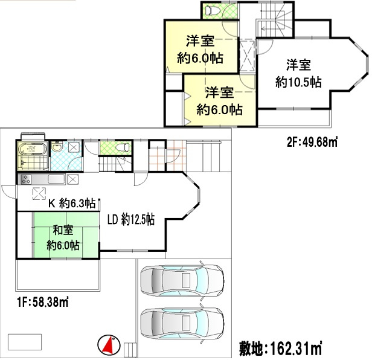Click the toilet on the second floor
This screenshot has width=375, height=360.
(x=212, y=10)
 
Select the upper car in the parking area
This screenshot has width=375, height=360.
(x=181, y=279)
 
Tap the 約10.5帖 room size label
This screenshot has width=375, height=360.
(x=298, y=83)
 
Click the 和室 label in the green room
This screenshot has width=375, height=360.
(x=63, y=230)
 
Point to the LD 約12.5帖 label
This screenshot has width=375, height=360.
(x=131, y=220)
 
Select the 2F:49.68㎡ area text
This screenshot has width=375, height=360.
(x=312, y=143)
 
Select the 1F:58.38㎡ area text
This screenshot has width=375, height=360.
(x=42, y=301)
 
